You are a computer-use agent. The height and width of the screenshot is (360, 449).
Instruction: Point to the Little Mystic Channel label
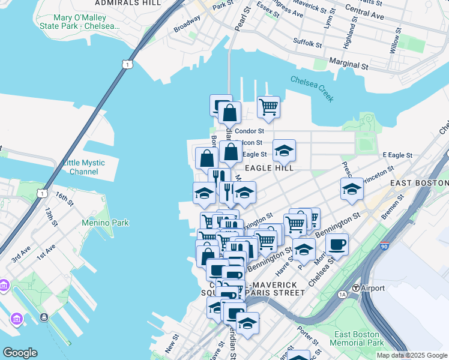83,167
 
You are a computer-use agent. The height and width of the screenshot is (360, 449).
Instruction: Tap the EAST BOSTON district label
419,182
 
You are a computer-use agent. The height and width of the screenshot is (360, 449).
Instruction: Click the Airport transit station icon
356,288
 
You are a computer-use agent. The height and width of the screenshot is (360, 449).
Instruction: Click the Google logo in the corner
20,353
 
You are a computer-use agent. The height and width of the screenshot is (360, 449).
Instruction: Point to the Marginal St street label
349,65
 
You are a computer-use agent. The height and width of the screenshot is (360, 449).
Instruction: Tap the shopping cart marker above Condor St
268,107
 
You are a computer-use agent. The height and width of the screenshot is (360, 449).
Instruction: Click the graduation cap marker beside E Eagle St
284,150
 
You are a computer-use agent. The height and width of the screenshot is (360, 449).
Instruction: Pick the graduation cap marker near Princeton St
352,189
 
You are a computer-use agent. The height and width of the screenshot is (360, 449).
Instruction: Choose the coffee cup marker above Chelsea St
337,244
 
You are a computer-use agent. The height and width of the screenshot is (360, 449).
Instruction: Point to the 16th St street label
63,196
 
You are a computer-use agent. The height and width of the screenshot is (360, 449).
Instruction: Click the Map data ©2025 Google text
412,355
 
